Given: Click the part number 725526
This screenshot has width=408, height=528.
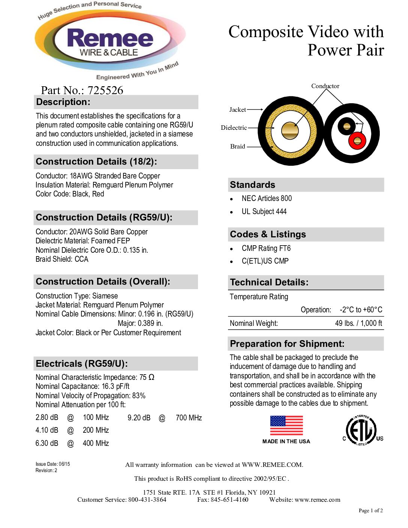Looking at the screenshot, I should click(105, 90).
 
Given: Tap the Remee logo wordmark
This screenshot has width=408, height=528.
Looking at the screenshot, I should click(110, 38).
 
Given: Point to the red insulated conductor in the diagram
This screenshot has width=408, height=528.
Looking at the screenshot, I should click(357, 141).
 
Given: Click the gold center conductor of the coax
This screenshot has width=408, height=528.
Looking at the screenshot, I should click(290, 130).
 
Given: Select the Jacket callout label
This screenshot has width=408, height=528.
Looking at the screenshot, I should click(237, 109).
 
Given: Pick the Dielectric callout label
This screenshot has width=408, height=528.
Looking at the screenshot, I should click(234, 127).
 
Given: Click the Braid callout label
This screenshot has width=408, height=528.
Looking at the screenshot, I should click(237, 146).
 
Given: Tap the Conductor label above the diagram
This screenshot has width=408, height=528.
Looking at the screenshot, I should click(325, 86).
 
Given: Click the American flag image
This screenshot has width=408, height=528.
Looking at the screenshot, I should click(286, 426).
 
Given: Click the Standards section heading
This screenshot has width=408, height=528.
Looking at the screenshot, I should click(252, 184).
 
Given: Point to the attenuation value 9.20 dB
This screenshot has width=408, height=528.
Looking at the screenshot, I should click(139, 418).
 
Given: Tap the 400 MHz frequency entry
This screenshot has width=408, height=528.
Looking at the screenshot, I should click(96, 443).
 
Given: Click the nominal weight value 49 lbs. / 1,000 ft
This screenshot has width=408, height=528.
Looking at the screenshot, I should click(358, 323).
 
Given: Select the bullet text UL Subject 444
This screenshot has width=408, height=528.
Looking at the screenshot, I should click(264, 211).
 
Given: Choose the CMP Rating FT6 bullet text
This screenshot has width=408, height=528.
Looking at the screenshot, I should click(266, 248).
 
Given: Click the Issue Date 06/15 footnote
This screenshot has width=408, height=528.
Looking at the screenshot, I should click(53, 464).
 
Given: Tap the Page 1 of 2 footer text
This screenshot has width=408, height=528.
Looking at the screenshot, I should click(370, 510).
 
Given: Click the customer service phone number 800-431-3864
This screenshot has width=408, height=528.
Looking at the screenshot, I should click(147, 499).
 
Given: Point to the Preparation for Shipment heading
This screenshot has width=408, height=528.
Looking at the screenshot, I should click(287, 343).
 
